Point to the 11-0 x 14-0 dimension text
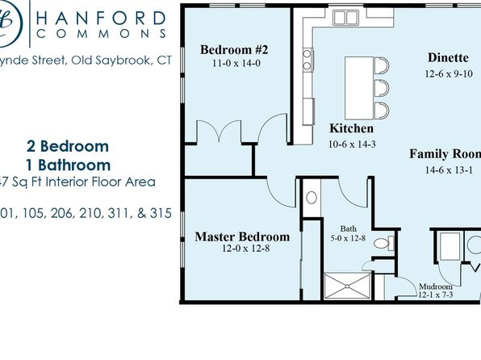coord(234,62)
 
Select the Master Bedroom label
coord(242,237)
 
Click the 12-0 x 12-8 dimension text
coord(242,249)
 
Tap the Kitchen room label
coord(352,128)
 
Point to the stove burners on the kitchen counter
coord(307,59)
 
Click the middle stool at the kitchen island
coord(383,86)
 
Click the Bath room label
coord(349,228)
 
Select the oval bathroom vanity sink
coord(312,199)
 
